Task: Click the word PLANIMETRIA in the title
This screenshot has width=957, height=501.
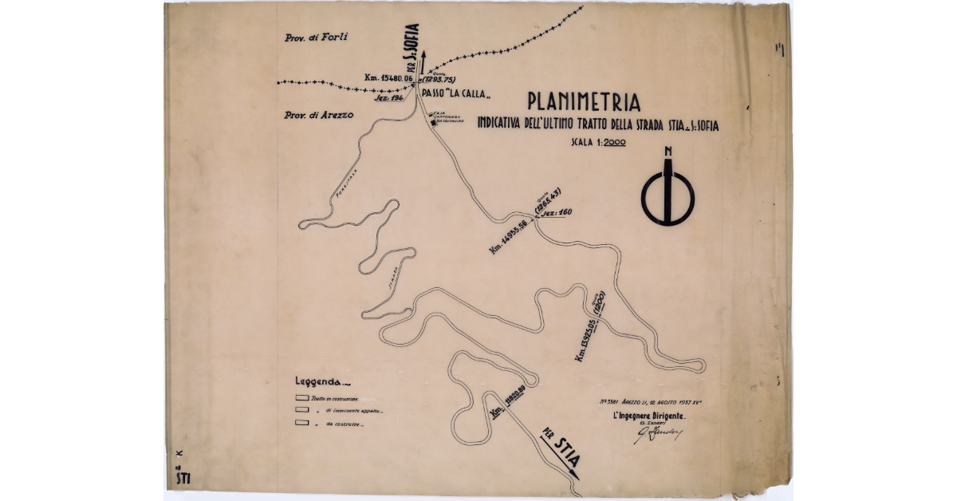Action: (x=584, y=103)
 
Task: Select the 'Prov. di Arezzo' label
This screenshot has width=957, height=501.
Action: (x=318, y=115)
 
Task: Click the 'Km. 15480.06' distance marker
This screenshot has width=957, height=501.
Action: (x=388, y=78)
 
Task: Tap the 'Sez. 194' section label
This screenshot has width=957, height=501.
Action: (x=390, y=97)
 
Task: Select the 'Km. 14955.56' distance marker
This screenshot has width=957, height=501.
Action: (x=512, y=237)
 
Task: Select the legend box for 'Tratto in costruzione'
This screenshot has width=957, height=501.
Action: (x=302, y=397)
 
